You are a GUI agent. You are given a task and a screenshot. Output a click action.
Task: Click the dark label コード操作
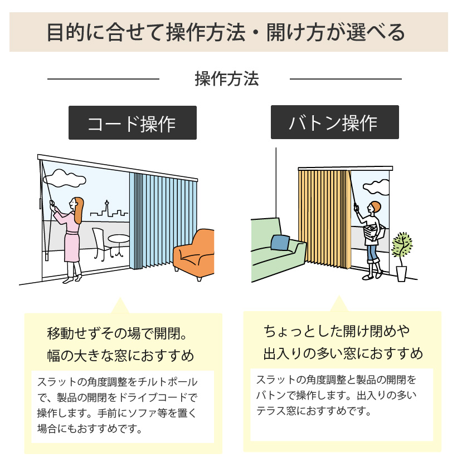click(x=132, y=123)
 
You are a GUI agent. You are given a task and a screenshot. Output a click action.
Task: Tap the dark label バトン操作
click(x=334, y=122)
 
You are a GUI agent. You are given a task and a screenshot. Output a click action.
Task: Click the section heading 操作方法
click(x=227, y=79)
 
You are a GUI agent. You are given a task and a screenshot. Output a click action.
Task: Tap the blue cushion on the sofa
click(x=280, y=243)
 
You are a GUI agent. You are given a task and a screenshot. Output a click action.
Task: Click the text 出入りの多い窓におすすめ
click(x=343, y=353)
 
